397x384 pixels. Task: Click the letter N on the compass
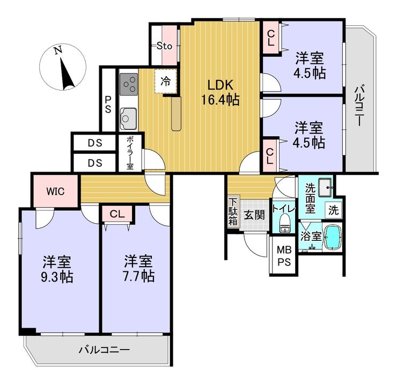point(58,50)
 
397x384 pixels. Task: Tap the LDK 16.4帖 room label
point(220,92)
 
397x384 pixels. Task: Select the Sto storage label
point(164,46)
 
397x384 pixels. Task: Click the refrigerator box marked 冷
point(166,81)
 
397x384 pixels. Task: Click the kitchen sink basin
point(129,119)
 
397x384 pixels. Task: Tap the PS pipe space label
point(108,105)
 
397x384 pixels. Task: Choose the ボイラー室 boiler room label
point(130,153)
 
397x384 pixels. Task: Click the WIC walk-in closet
point(55,191)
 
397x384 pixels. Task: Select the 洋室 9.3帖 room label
point(57,269)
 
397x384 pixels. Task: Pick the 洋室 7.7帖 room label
point(138,269)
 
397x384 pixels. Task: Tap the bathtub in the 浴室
point(333,237)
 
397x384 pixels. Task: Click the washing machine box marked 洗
point(334,210)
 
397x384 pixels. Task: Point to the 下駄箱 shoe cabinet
point(233,212)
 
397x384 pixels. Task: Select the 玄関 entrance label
point(254,215)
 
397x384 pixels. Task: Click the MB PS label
point(284,256)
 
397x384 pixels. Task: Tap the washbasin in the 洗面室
point(325,187)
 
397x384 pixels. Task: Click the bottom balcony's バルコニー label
point(104,350)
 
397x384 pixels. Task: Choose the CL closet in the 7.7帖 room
point(117,214)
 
